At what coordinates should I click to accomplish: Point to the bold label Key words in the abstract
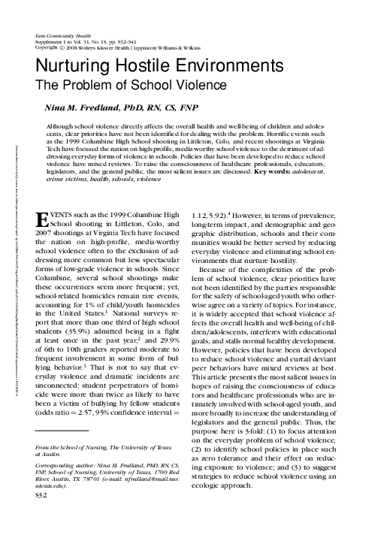(275, 173)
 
